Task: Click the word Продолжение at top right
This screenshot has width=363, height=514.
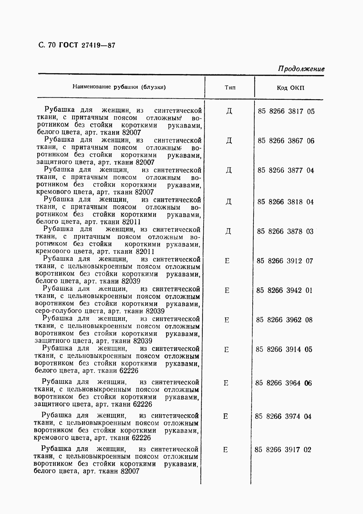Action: coord(301,69)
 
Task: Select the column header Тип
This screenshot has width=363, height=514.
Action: coord(230,88)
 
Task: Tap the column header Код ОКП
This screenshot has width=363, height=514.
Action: coord(291,88)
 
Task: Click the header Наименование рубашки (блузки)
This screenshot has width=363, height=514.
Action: coord(119,87)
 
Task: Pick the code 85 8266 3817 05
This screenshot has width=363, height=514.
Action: coord(286,111)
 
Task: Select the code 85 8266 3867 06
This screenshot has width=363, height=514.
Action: coord(286,141)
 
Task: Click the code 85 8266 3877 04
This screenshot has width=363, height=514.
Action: coord(286,171)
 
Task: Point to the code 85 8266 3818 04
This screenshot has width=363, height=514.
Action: coord(285,202)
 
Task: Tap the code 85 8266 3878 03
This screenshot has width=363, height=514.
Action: coord(285,231)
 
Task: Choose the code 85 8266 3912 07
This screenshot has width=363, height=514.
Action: coord(285,261)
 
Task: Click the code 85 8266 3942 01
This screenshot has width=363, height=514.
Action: coord(284,291)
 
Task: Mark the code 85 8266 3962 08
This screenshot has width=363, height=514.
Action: coord(284,320)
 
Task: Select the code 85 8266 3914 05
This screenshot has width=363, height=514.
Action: coord(284,350)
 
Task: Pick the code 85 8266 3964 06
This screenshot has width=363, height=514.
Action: coord(283,383)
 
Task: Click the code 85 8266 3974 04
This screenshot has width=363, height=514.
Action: coord(283,416)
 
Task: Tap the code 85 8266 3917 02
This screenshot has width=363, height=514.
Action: coord(283,450)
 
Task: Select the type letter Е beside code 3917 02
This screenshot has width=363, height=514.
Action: coord(226,450)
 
